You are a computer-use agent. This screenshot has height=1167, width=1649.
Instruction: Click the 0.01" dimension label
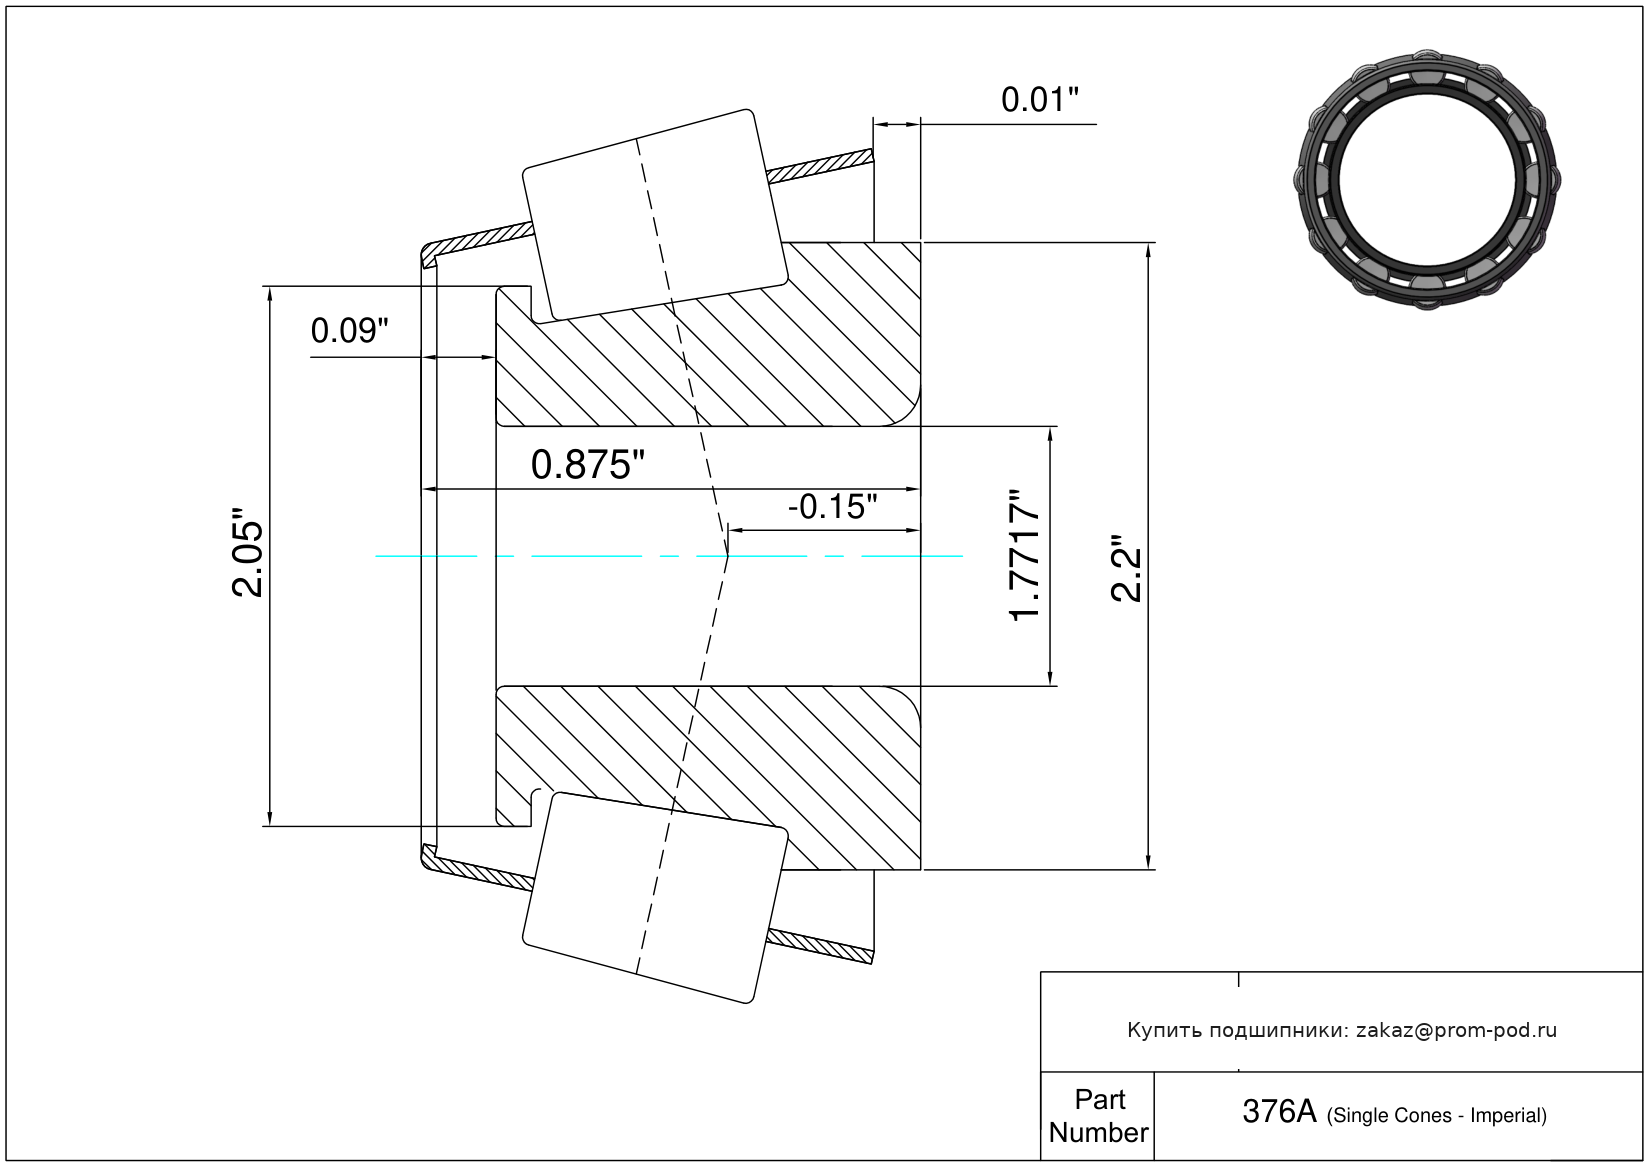[1039, 100]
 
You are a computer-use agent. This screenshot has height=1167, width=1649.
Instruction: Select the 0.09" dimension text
[349, 331]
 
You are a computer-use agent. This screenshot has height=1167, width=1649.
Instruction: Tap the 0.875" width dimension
[587, 465]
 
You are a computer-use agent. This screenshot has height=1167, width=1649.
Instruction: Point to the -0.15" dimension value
[832, 507]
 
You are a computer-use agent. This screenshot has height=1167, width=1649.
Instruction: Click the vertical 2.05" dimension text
[248, 558]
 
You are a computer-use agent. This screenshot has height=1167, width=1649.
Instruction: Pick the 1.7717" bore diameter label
[1026, 556]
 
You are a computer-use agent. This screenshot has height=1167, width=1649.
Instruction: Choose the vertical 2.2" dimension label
[1126, 568]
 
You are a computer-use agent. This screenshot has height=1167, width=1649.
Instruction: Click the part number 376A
[1278, 1111]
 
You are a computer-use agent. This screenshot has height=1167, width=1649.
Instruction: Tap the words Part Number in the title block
[1098, 1116]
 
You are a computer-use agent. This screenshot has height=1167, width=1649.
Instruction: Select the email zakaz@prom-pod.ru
[1456, 1030]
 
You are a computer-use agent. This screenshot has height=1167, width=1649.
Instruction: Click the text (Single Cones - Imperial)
[1436, 1116]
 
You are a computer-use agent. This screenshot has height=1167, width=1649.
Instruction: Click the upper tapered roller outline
[655, 214]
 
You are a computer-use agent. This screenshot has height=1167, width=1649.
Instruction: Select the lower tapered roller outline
[655, 897]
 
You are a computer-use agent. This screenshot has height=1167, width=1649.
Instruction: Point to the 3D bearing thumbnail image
[1427, 177]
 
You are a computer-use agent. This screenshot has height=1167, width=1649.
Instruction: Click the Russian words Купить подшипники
[1235, 1030]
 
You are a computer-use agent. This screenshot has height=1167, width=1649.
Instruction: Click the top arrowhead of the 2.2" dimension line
[1148, 250]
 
